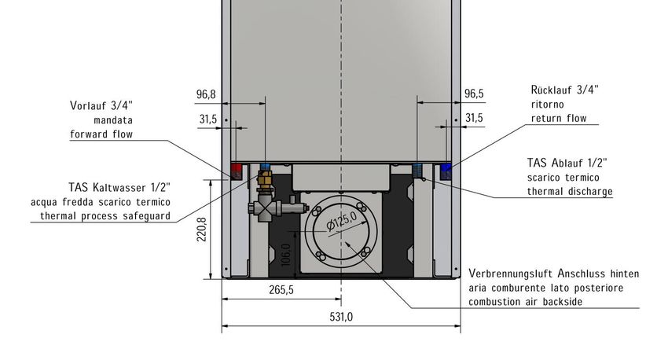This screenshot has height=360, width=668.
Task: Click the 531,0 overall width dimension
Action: (341, 318)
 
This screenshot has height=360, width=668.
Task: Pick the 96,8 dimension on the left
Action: (206, 94)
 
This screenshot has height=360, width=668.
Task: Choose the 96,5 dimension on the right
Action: (474, 94)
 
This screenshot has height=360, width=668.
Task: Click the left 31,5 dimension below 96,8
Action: (207, 119)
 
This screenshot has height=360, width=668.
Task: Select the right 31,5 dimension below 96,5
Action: (474, 119)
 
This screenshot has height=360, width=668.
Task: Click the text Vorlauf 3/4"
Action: (101, 105)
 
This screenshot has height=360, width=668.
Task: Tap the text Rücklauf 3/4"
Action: (564, 90)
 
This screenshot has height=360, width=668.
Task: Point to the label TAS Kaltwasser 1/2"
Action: (119, 187)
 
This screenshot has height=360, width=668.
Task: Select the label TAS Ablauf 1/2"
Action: (567, 163)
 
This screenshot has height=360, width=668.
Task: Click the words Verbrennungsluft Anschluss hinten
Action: (553, 274)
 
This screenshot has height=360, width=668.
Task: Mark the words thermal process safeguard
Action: (101, 215)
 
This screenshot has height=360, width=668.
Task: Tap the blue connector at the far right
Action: (446, 169)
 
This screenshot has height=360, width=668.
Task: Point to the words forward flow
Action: (101, 134)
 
